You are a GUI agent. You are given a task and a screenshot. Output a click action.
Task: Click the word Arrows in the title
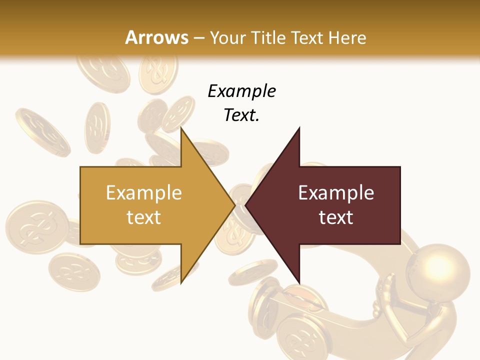tap(157, 37)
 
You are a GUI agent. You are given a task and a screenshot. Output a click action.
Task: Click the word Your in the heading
tap(227, 37)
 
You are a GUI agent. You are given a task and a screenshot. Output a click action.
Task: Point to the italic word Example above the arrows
tap(241, 91)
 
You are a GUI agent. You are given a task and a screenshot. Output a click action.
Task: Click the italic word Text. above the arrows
tap(241, 115)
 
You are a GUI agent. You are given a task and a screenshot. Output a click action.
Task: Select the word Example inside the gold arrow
tap(144, 192)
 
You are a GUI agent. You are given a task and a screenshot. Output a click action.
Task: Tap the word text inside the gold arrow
tap(144, 217)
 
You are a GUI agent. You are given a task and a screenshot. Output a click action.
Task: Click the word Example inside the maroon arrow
tap(336, 192)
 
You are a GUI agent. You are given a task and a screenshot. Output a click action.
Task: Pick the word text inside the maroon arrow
tap(336, 217)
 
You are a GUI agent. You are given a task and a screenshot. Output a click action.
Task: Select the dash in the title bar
tap(198, 38)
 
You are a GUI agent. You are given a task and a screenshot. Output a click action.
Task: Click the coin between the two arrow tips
tap(240, 220)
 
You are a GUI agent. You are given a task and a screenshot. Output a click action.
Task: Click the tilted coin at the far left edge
tap(42, 130)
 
